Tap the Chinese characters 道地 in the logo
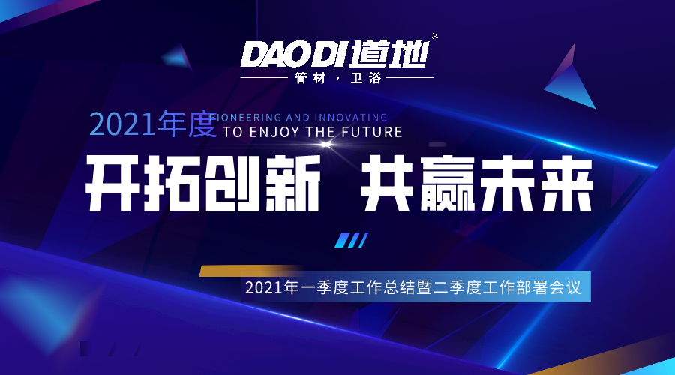tap(389, 54)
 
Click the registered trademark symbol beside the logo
tap(435, 36)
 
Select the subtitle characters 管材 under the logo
tap(310, 78)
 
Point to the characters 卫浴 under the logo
tap(366, 78)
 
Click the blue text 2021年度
tap(153, 124)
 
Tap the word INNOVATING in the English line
tap(351, 118)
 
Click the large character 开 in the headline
tap(112, 183)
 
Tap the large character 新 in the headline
tap(292, 183)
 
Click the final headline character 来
tap(567, 183)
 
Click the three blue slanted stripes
tap(351, 240)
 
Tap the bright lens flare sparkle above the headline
tap(326, 145)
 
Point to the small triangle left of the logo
tap(177, 56)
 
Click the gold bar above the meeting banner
tap(250, 271)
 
